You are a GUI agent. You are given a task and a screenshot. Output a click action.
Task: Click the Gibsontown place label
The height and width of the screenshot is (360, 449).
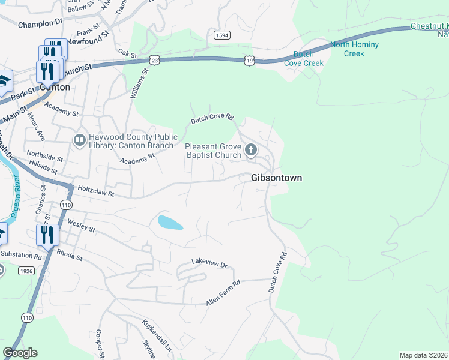[276, 178]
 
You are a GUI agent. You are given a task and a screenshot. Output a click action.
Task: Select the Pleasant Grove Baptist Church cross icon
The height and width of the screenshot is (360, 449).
[250, 149]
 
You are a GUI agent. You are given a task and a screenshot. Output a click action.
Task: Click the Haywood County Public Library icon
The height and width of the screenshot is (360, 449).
[79, 140]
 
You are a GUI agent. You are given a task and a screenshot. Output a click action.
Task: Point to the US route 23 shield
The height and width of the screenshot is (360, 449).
[155, 60]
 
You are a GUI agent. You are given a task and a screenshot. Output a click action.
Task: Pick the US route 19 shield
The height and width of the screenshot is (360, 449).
[249, 60]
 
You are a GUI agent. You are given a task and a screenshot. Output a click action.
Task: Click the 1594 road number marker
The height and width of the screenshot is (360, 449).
[221, 35]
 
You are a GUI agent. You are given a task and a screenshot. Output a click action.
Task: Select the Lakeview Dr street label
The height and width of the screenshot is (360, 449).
[210, 263]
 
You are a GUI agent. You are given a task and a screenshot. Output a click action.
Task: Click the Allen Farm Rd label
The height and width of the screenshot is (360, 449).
[223, 293]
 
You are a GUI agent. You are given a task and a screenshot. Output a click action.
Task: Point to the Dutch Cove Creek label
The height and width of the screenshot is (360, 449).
[304, 58]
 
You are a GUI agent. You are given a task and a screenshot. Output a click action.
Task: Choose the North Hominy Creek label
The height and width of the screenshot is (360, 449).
[354, 49]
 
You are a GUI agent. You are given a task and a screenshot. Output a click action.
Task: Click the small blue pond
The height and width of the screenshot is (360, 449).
[169, 223]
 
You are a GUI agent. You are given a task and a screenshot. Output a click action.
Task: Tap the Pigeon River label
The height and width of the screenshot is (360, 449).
[16, 197]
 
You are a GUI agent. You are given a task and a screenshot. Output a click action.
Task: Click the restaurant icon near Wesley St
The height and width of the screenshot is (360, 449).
[47, 235]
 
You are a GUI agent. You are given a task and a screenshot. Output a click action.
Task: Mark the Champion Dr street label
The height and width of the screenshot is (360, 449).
[40, 25]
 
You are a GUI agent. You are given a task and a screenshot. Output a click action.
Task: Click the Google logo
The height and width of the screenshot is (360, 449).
[20, 353]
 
